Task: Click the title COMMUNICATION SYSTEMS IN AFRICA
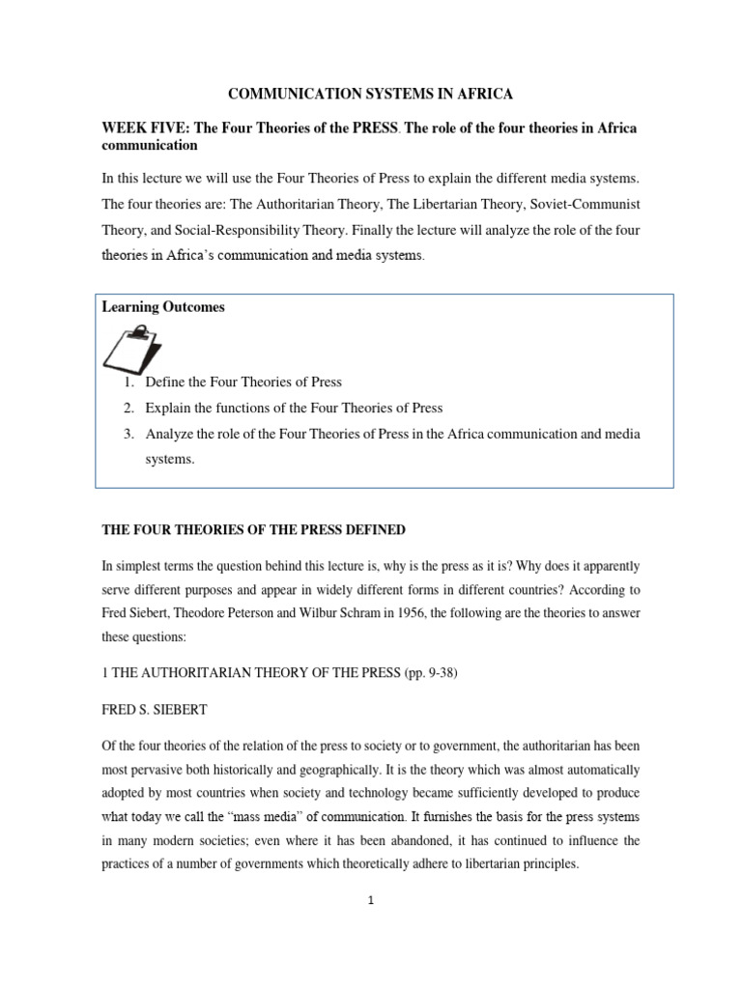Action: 370,94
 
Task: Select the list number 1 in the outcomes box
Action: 128,382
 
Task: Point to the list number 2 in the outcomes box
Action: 128,409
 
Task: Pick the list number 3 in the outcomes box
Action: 128,435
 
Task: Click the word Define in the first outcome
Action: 164,382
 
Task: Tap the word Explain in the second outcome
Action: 167,409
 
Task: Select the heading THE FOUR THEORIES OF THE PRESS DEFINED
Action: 254,530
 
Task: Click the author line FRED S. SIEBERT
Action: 155,709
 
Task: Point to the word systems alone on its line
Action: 170,460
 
